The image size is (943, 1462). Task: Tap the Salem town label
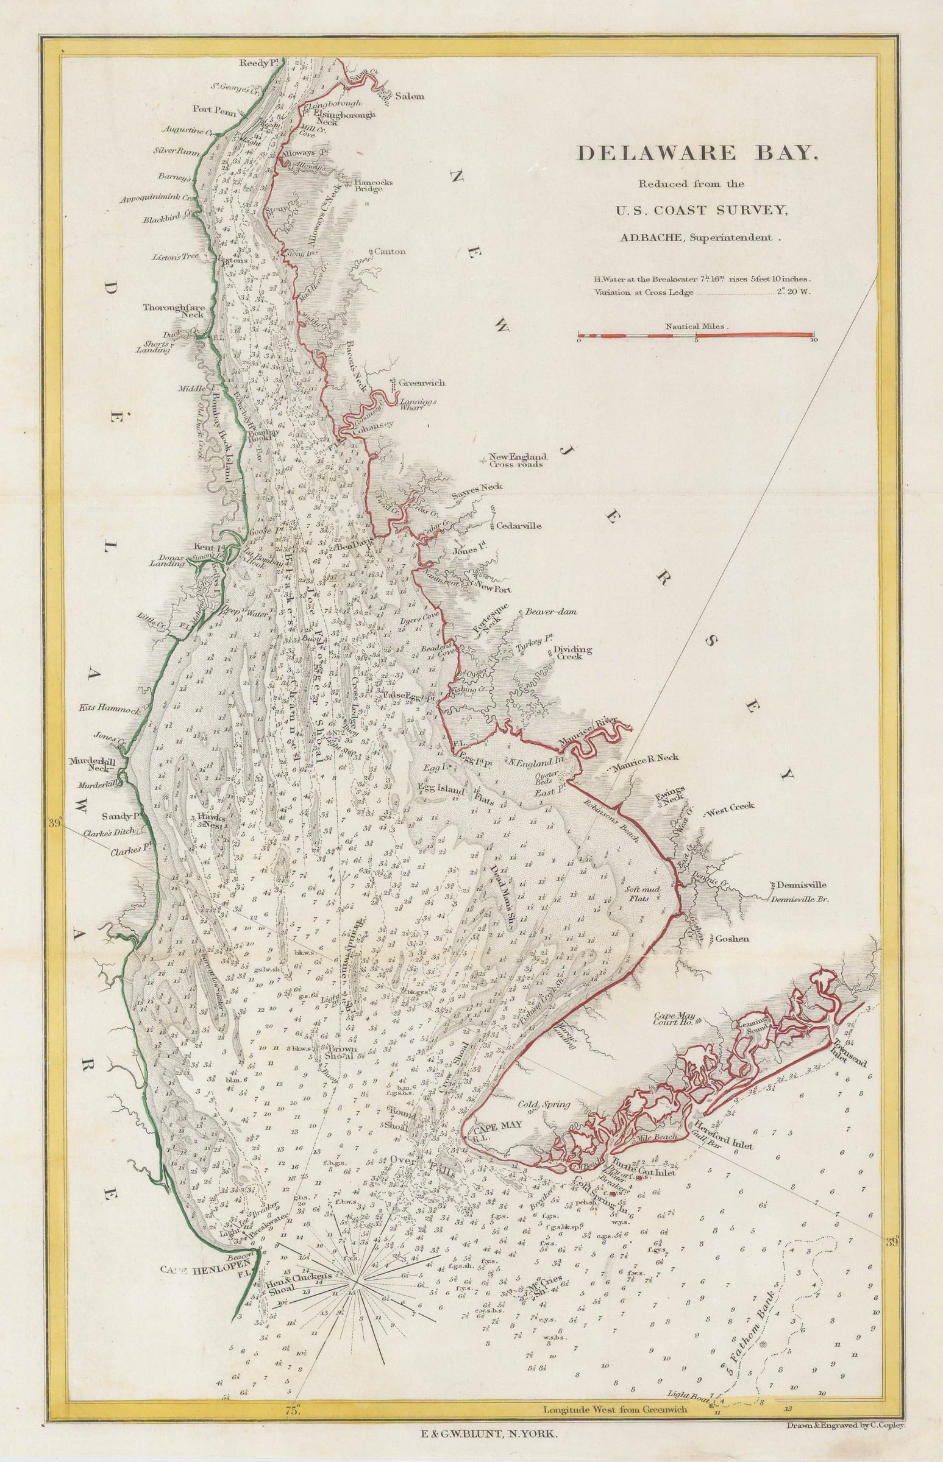410,97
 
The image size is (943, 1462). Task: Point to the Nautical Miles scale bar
696,336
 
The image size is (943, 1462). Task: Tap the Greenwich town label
422,383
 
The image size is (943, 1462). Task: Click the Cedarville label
519,526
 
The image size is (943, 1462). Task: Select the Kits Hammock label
111,710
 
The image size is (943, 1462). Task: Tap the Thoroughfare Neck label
173,311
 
